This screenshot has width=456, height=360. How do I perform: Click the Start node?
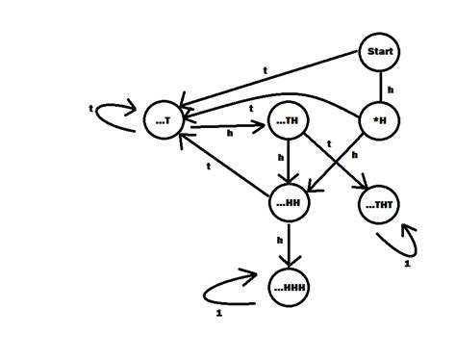point(379,52)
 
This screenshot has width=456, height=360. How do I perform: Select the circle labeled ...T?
point(162,120)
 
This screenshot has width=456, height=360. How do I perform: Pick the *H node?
point(378,123)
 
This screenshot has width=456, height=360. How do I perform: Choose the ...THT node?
point(380,204)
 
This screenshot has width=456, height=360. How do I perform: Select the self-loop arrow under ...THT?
point(407,238)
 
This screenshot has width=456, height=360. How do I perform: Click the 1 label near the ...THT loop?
point(406,262)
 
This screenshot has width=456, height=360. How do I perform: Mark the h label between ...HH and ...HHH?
point(280,239)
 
